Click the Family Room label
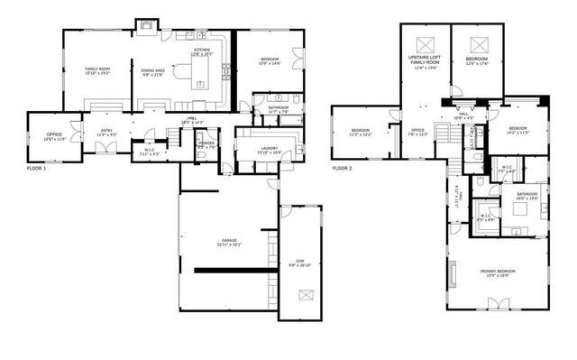[x=97, y=70]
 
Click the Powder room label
[x=206, y=144]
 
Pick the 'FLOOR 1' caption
[x=36, y=168]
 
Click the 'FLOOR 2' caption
[x=342, y=168]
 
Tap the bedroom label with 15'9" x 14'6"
[x=270, y=60]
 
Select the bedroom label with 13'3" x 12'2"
[x=361, y=132]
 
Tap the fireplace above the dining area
[x=145, y=23]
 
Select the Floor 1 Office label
[x=54, y=137]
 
